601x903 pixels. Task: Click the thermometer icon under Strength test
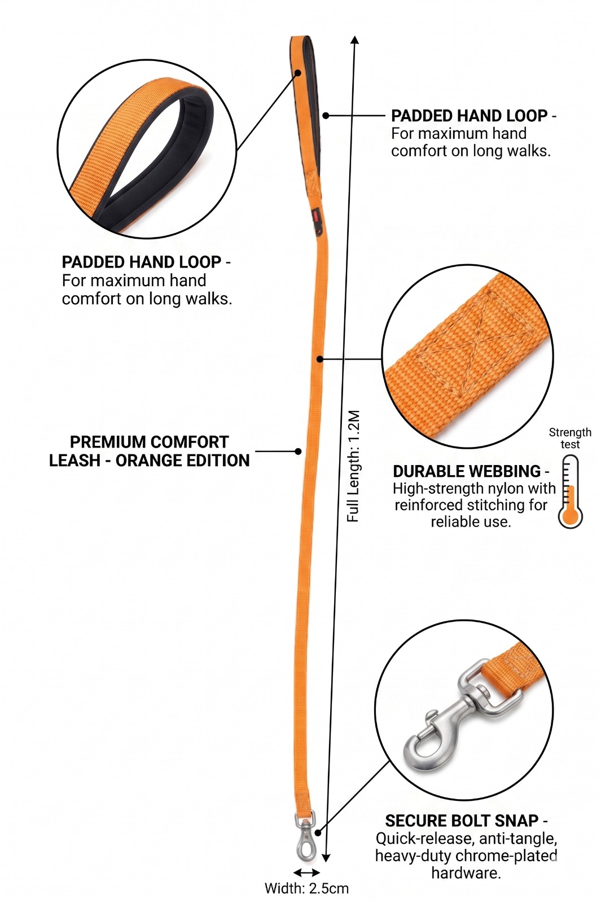pos(570,492)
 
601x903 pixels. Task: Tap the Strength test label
pos(570,438)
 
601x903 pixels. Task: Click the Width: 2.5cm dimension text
pos(306,888)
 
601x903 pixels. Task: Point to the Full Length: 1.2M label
pos(353,466)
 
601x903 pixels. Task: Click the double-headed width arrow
pos(307,873)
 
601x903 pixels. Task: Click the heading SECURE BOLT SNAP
pos(462,821)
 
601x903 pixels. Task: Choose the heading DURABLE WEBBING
pos(467,471)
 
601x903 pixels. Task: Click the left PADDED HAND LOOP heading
pos(141,262)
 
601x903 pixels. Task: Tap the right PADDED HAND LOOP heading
pos(469,116)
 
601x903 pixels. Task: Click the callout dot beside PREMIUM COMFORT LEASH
pos(299,451)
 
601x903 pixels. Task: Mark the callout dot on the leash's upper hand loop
pos(326,115)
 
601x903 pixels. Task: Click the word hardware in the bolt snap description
pos(466,873)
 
